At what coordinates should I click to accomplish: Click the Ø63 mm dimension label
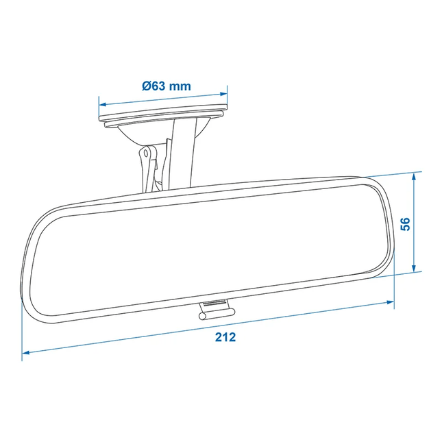point(167,86)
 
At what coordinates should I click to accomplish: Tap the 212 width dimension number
point(225,337)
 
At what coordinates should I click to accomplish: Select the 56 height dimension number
point(405,223)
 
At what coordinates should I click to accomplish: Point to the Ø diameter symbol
point(147,86)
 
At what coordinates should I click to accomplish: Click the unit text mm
point(180,86)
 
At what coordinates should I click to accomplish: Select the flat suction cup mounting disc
point(164,118)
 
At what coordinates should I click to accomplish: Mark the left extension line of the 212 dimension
point(23,322)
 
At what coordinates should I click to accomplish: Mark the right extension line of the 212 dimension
point(395,288)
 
